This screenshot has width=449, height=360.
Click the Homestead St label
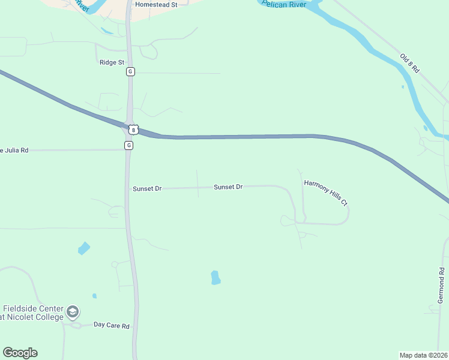[157, 4]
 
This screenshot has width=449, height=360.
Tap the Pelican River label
[285, 4]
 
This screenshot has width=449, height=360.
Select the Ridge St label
[112, 62]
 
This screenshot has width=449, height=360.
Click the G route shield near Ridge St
[130, 71]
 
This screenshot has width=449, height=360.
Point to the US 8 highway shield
[133, 129]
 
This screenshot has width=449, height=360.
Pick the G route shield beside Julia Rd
[128, 146]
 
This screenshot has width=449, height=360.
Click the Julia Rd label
[14, 150]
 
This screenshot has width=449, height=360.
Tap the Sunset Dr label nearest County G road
[147, 188]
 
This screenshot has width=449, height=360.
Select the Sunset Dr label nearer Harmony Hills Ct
[228, 187]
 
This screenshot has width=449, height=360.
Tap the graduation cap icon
[73, 312]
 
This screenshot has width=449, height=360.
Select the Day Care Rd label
[112, 325]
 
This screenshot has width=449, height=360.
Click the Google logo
[20, 353]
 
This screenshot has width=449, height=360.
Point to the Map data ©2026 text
[423, 355]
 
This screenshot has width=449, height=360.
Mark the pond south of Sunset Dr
[215, 278]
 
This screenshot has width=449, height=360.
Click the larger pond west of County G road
[83, 248]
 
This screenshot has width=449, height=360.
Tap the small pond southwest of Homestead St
[106, 31]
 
